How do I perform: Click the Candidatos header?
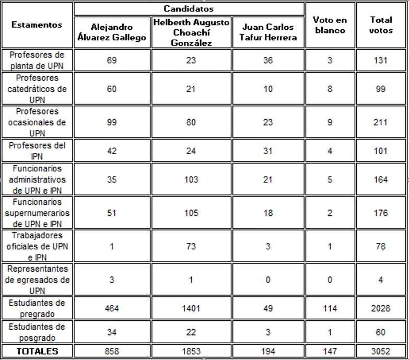[x=189, y=9]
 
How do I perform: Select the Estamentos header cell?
[x=37, y=25]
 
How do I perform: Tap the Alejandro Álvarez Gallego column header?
[x=111, y=32]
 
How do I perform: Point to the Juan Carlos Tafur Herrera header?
[x=268, y=32]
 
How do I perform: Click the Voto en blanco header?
[x=329, y=25]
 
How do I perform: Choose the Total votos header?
[x=381, y=25]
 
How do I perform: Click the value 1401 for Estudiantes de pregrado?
[x=191, y=308]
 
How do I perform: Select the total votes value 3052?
[x=380, y=351]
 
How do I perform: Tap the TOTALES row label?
[x=37, y=351]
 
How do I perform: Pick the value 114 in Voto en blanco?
[x=330, y=308]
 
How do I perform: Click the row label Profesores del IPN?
[x=37, y=150]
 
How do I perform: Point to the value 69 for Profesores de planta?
[x=111, y=61]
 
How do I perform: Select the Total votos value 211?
[x=380, y=122]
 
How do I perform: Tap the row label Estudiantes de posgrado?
[x=37, y=332]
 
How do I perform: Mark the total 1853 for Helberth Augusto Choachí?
[x=191, y=351]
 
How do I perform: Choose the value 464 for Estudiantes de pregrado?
[x=111, y=308]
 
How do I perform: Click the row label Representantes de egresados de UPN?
[x=37, y=280]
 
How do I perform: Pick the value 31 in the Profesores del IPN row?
[x=268, y=151]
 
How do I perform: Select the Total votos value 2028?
[x=380, y=308]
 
